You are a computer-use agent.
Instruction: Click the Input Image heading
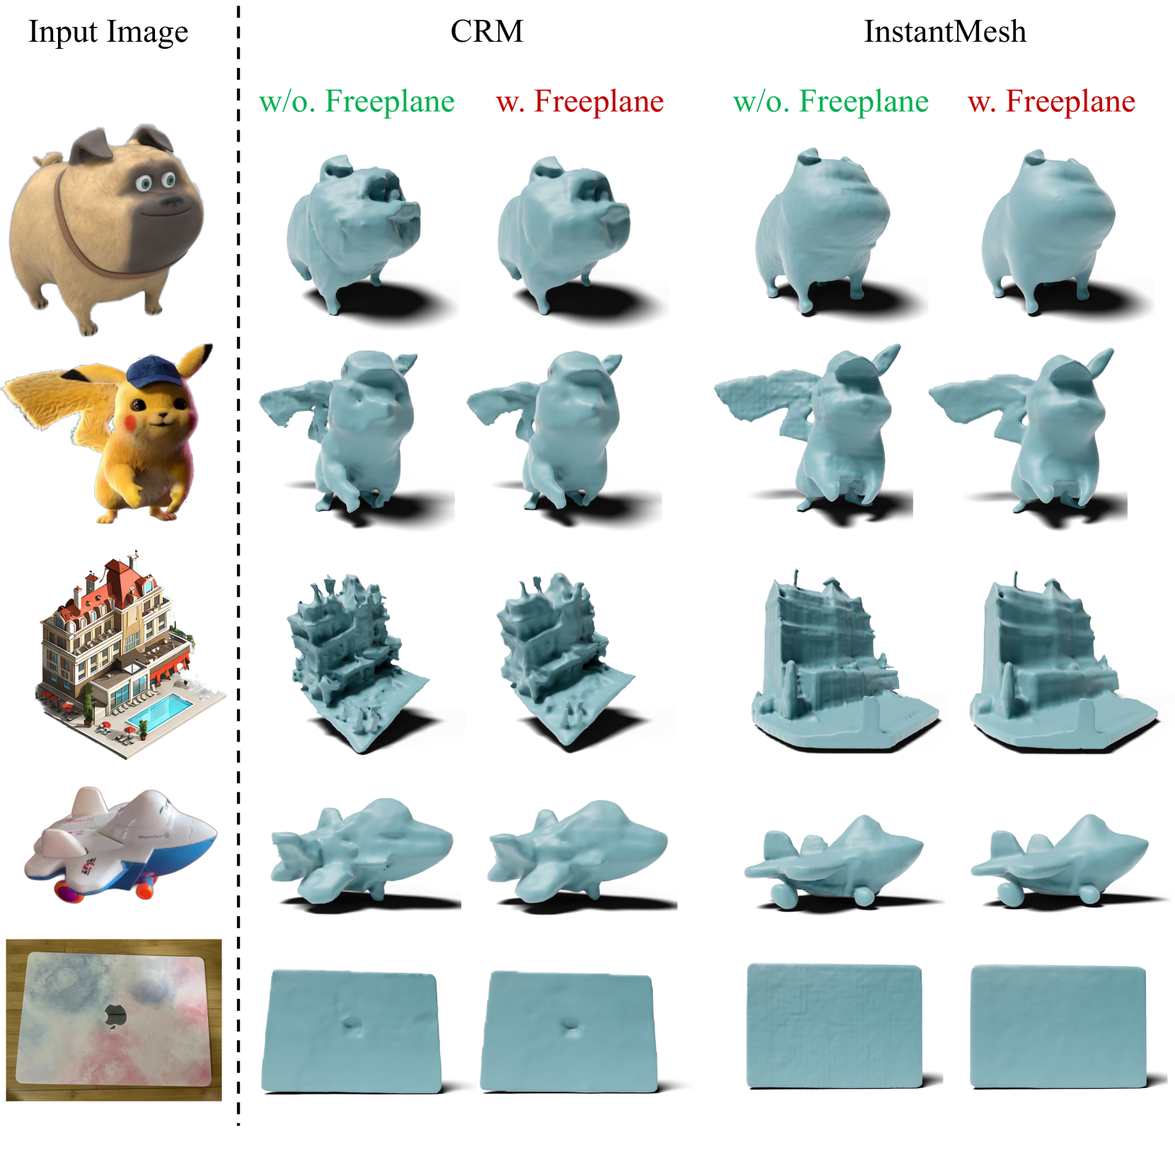108,33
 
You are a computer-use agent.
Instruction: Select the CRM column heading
487,32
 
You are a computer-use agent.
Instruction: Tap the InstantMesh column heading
944,32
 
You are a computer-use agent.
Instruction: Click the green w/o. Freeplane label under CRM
357,101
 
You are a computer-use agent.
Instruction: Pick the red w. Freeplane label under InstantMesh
1051,101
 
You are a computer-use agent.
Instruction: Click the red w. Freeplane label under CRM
580,101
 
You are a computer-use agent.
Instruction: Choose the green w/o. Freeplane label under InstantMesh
830,101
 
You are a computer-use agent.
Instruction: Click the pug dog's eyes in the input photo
156,183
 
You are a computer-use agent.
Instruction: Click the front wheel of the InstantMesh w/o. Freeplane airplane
783,895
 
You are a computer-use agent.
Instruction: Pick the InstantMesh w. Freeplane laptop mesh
1058,1026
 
